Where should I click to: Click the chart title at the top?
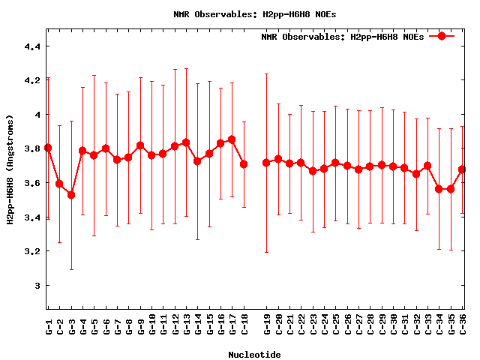(x=239, y=14)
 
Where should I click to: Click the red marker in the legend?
(x=442, y=36)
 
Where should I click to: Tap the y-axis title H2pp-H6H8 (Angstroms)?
(x=10, y=169)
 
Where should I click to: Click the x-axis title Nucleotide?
(x=254, y=355)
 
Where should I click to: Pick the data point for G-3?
(x=71, y=195)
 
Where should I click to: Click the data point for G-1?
(x=48, y=148)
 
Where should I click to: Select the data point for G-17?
(x=232, y=139)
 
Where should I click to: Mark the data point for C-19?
(x=266, y=163)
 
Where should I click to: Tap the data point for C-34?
(x=439, y=189)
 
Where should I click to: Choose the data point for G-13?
(x=186, y=142)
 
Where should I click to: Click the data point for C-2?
(x=60, y=184)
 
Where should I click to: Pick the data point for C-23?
(x=313, y=171)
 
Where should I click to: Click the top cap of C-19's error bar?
(x=266, y=73)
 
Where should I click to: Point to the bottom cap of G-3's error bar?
(x=71, y=269)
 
